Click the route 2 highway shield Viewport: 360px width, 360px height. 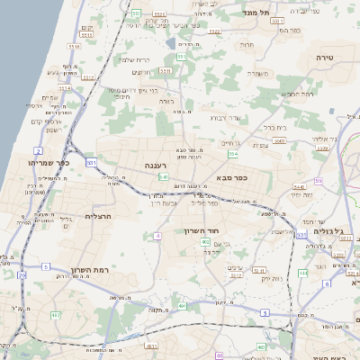click(x=38, y=150)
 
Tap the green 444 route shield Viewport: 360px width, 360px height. click(x=303, y=271)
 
